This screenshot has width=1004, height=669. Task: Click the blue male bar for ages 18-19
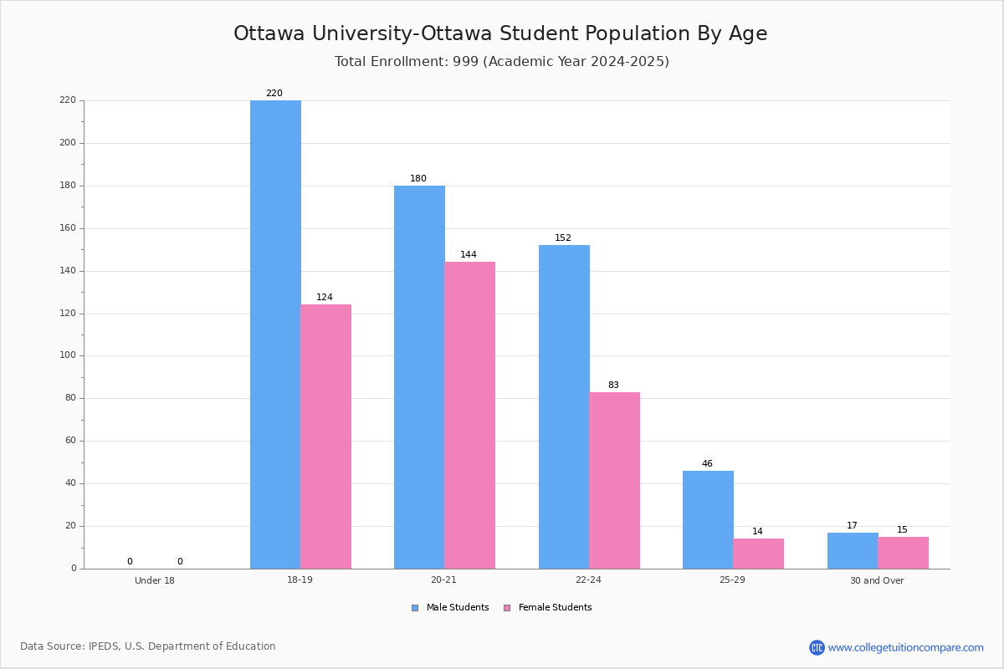click(x=275, y=334)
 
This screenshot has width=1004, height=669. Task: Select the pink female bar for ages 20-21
click(x=469, y=416)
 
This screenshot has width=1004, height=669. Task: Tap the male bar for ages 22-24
click(x=564, y=407)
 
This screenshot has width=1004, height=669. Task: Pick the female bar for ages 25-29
click(x=758, y=554)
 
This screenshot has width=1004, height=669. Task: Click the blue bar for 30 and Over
click(x=853, y=551)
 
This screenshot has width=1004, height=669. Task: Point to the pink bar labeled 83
click(x=614, y=480)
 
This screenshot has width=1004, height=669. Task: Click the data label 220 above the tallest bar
click(x=274, y=93)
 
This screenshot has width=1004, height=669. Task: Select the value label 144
click(x=469, y=254)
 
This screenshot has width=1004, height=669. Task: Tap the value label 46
click(x=707, y=463)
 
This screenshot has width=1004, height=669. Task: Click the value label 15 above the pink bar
click(x=902, y=529)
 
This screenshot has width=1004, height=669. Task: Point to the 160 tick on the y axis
click(x=68, y=228)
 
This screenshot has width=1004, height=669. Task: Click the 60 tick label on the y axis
click(x=71, y=441)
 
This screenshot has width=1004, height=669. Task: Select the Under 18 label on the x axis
click(x=155, y=580)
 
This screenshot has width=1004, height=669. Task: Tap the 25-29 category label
click(x=732, y=580)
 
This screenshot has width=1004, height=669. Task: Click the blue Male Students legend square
click(x=415, y=608)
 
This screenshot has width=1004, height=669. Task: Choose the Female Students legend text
click(x=556, y=607)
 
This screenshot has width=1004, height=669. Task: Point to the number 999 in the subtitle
click(x=466, y=61)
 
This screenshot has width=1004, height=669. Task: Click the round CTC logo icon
click(x=817, y=647)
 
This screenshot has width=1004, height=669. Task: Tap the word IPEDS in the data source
click(x=104, y=646)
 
